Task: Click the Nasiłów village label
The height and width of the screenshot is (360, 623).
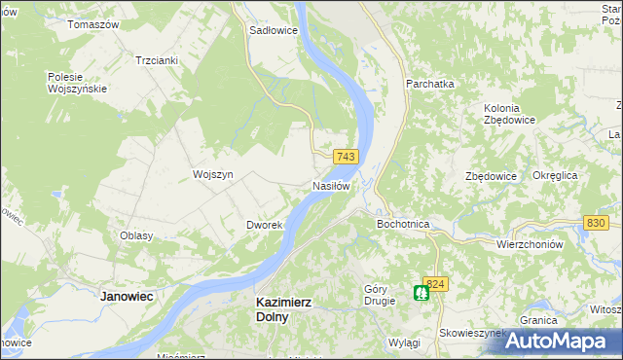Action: [331, 186]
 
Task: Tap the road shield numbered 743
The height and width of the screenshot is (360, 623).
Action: [346, 157]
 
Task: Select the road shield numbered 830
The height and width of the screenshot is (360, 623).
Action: [597, 223]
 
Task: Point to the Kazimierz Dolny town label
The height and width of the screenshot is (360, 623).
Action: [283, 309]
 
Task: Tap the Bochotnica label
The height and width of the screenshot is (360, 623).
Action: [403, 224]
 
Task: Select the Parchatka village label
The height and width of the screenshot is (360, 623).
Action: [430, 84]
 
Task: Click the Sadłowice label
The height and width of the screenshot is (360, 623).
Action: [274, 30]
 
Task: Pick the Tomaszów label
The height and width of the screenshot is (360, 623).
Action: [92, 23]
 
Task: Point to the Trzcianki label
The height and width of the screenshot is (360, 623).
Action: [157, 59]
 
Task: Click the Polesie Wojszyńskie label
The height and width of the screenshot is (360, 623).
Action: [77, 83]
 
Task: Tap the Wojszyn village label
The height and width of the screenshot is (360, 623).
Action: [213, 174]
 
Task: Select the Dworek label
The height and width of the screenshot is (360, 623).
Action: [264, 225]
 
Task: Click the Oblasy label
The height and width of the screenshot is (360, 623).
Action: [135, 236]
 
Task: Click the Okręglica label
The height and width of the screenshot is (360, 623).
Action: [556, 175]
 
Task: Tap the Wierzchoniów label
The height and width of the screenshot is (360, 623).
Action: [530, 245]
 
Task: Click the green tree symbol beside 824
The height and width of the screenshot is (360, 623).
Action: [421, 292]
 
